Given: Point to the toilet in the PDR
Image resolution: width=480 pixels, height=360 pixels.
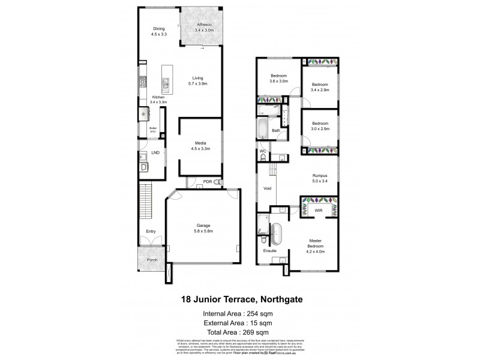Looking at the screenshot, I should (x=217, y=182).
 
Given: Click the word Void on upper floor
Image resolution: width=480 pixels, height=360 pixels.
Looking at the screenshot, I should (x=267, y=188).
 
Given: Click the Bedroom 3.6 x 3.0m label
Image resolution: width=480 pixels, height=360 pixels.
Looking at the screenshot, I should (x=279, y=78).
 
